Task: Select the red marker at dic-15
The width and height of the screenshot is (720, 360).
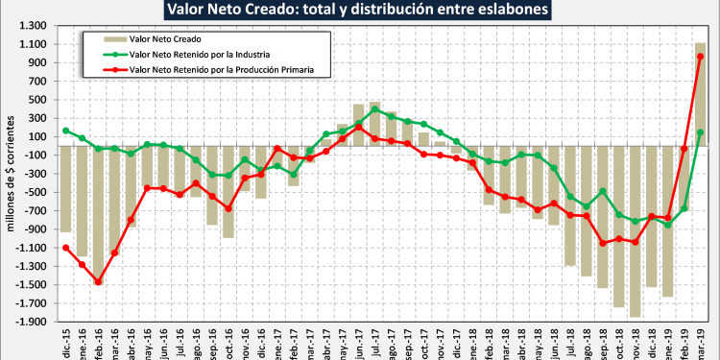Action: [65, 248]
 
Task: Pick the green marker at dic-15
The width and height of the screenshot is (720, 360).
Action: [65, 131]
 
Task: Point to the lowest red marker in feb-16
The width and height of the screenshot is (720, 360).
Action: [98, 282]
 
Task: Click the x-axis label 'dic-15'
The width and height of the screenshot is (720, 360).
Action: [66, 341]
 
